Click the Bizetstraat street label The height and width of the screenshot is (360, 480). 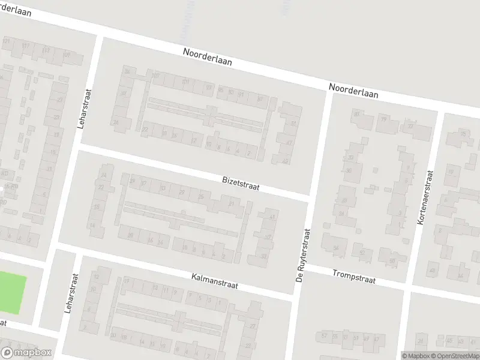(x=240, y=182)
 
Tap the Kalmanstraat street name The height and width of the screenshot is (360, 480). (x=215, y=282)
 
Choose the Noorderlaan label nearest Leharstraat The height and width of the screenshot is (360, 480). (x=207, y=58)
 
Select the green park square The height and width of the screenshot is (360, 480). (x=12, y=292)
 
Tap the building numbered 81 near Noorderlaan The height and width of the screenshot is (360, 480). (x=357, y=114)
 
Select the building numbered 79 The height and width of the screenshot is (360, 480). (x=383, y=120)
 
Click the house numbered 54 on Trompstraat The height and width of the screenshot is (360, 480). (x=336, y=247)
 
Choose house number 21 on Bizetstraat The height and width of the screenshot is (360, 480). (x=231, y=204)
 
